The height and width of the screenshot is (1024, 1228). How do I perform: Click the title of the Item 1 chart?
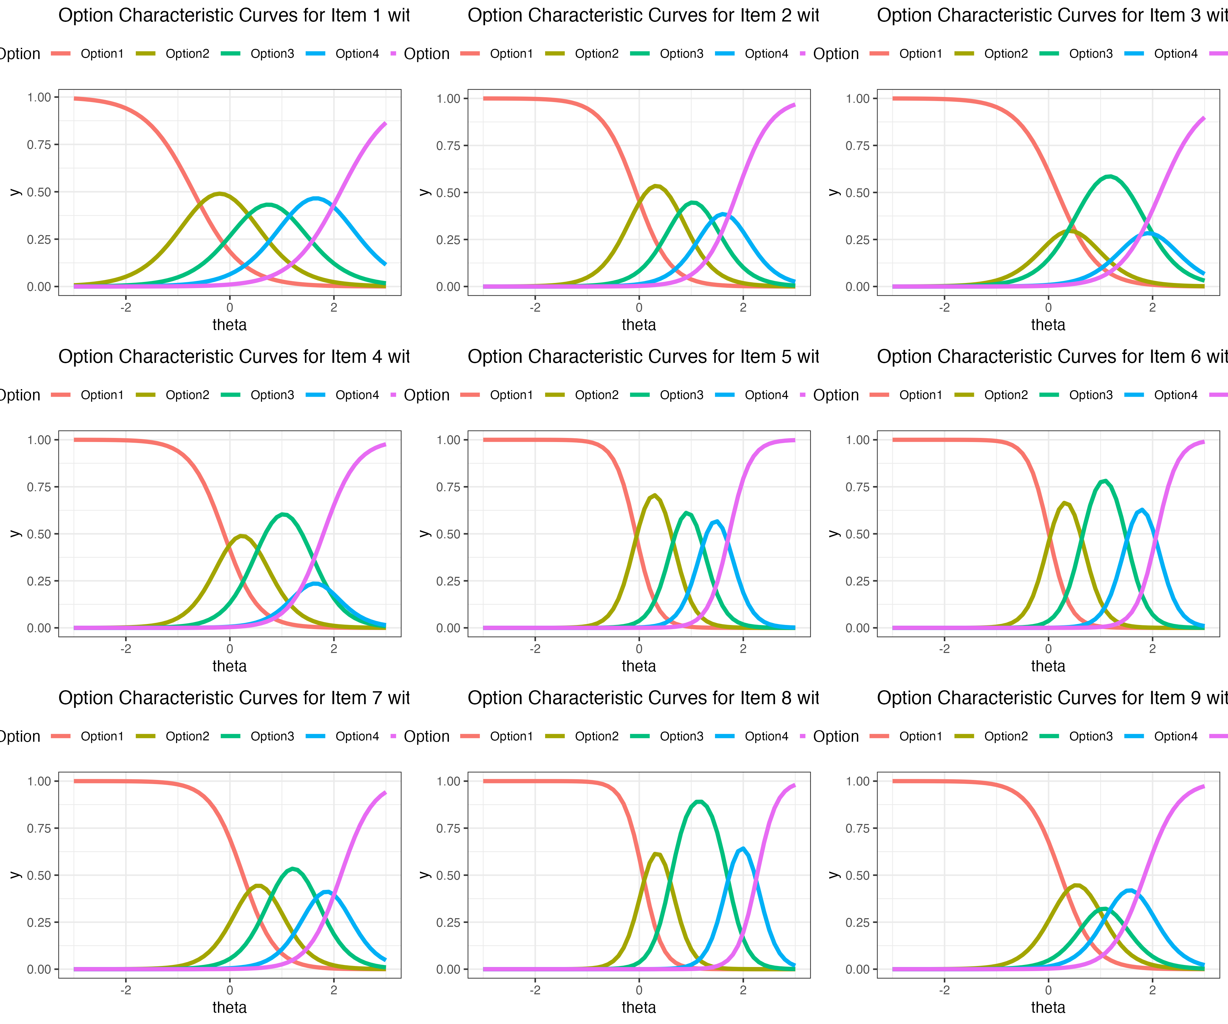tap(234, 15)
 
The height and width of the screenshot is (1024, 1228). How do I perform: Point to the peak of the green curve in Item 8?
tap(699, 802)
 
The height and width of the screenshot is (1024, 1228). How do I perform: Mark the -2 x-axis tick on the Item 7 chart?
tap(126, 990)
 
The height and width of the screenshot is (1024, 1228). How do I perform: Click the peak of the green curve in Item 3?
tap(1109, 176)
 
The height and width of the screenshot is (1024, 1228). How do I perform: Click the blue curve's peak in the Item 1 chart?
tap(316, 198)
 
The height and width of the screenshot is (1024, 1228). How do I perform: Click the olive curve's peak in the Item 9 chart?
tap(1077, 885)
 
